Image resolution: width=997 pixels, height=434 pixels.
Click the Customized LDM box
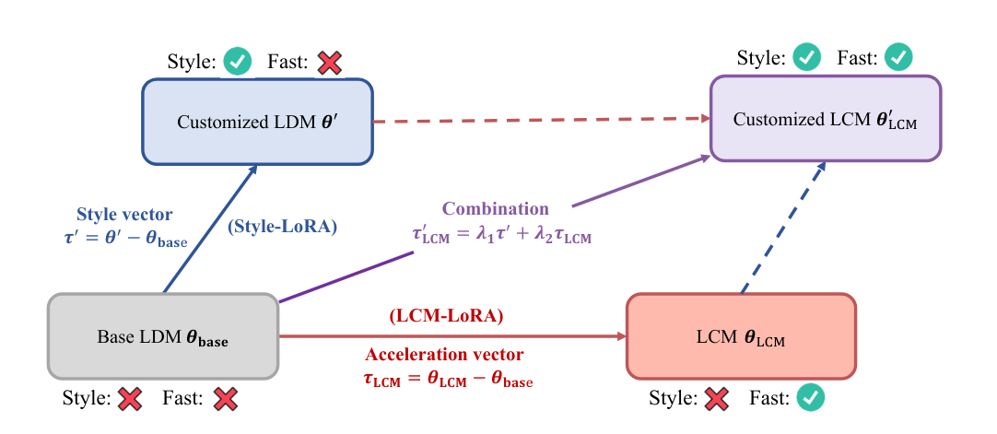(257, 121)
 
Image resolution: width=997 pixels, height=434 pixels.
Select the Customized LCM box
(826, 118)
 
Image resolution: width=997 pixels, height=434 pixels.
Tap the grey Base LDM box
(163, 336)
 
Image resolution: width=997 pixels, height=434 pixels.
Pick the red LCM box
(741, 335)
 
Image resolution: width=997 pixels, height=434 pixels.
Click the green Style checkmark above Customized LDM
(238, 62)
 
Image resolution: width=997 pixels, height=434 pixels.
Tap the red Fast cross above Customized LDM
(329, 62)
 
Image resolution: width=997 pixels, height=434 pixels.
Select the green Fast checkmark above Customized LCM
(898, 57)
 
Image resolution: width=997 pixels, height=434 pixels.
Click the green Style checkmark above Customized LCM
(807, 57)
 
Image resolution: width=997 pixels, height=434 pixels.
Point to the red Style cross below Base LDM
(130, 399)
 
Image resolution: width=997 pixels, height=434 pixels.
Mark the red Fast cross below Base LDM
(225, 399)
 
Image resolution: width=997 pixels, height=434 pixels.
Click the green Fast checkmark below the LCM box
(811, 397)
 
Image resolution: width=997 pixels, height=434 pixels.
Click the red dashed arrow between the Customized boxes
(540, 120)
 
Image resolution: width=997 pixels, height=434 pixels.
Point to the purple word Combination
(495, 208)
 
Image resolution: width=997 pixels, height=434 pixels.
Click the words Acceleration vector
(445, 355)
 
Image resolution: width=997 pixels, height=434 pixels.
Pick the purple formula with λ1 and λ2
(501, 238)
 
